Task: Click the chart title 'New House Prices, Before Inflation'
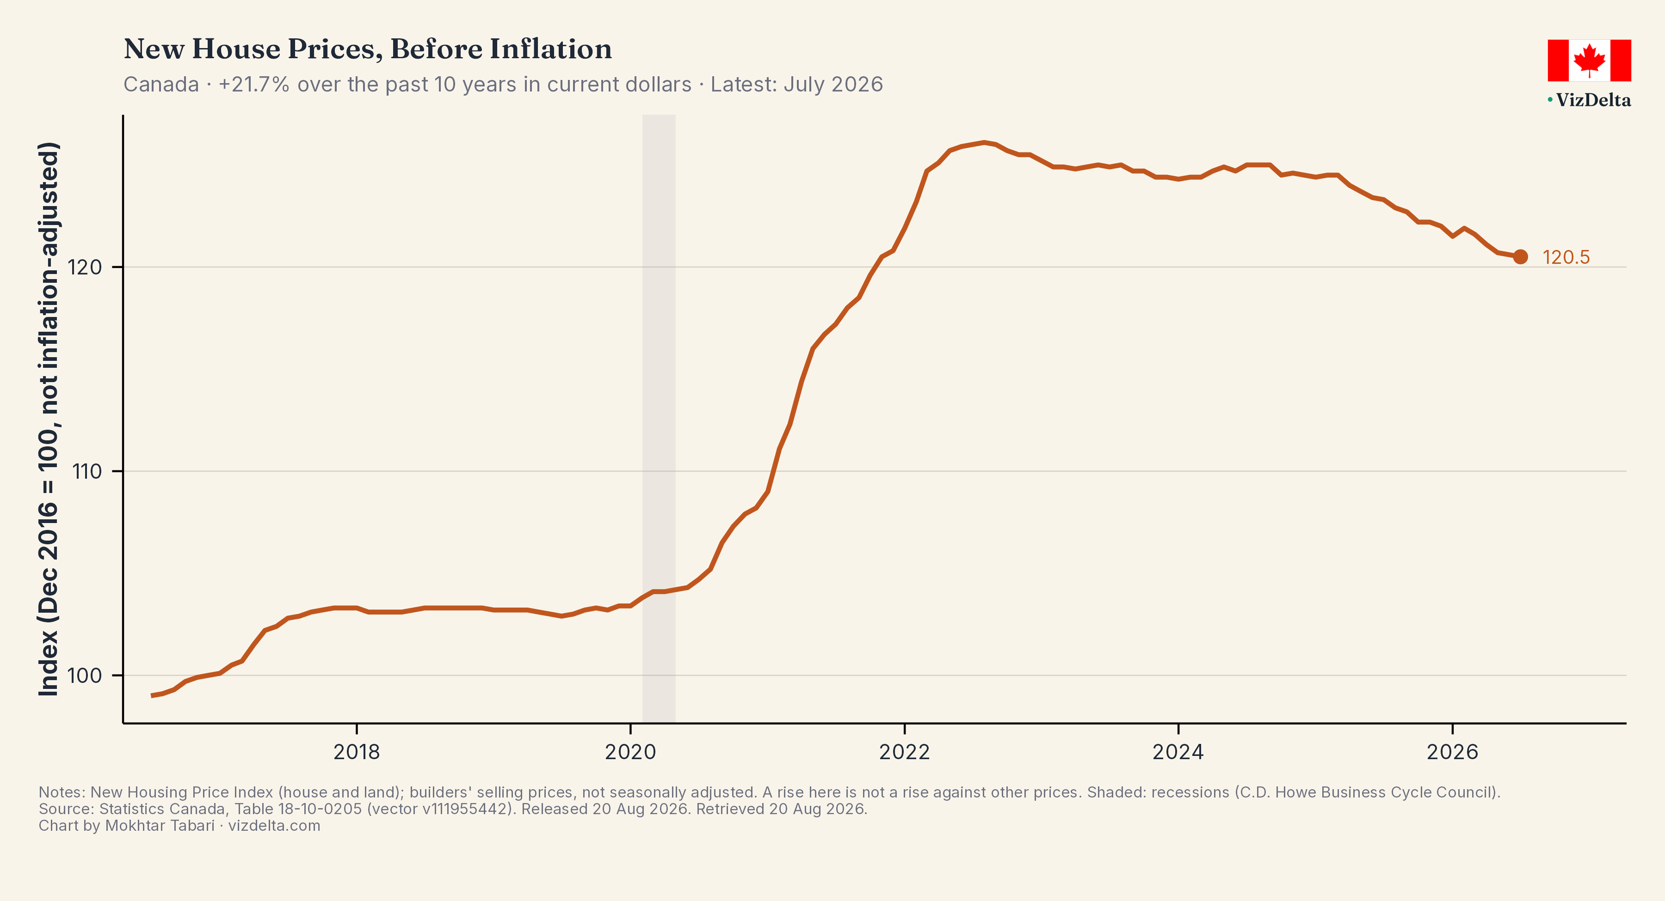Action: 367,49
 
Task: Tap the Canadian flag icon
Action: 1589,60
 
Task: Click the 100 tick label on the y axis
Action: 85,676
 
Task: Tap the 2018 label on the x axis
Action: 357,752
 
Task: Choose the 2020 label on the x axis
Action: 630,752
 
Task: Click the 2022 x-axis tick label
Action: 904,752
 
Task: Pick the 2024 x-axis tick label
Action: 1178,752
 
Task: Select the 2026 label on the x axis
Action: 1452,752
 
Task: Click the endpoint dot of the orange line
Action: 1520,257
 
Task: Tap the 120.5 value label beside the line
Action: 1566,257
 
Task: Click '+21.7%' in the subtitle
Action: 254,85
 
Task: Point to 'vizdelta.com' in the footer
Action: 274,826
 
